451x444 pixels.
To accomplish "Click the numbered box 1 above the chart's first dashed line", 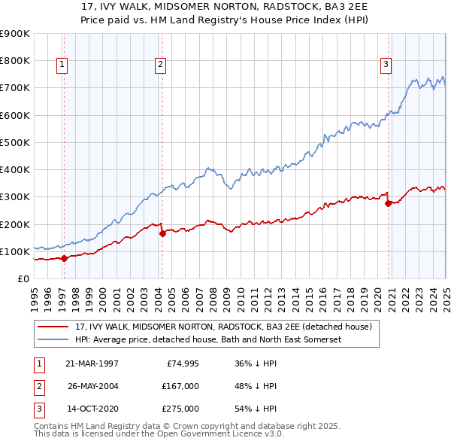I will tap(62, 65).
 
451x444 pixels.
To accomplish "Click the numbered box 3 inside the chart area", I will tap(386, 65).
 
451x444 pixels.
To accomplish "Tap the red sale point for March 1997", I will tap(64, 258).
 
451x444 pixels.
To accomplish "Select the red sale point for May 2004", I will tap(162, 233).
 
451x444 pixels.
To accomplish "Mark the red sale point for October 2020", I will tap(388, 203).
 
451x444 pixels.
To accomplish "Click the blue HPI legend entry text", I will tap(208, 340).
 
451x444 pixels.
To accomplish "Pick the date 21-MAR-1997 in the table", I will tap(92, 363).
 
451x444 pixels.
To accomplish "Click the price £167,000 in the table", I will tap(180, 386).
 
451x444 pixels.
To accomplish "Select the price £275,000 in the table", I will tap(180, 409).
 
